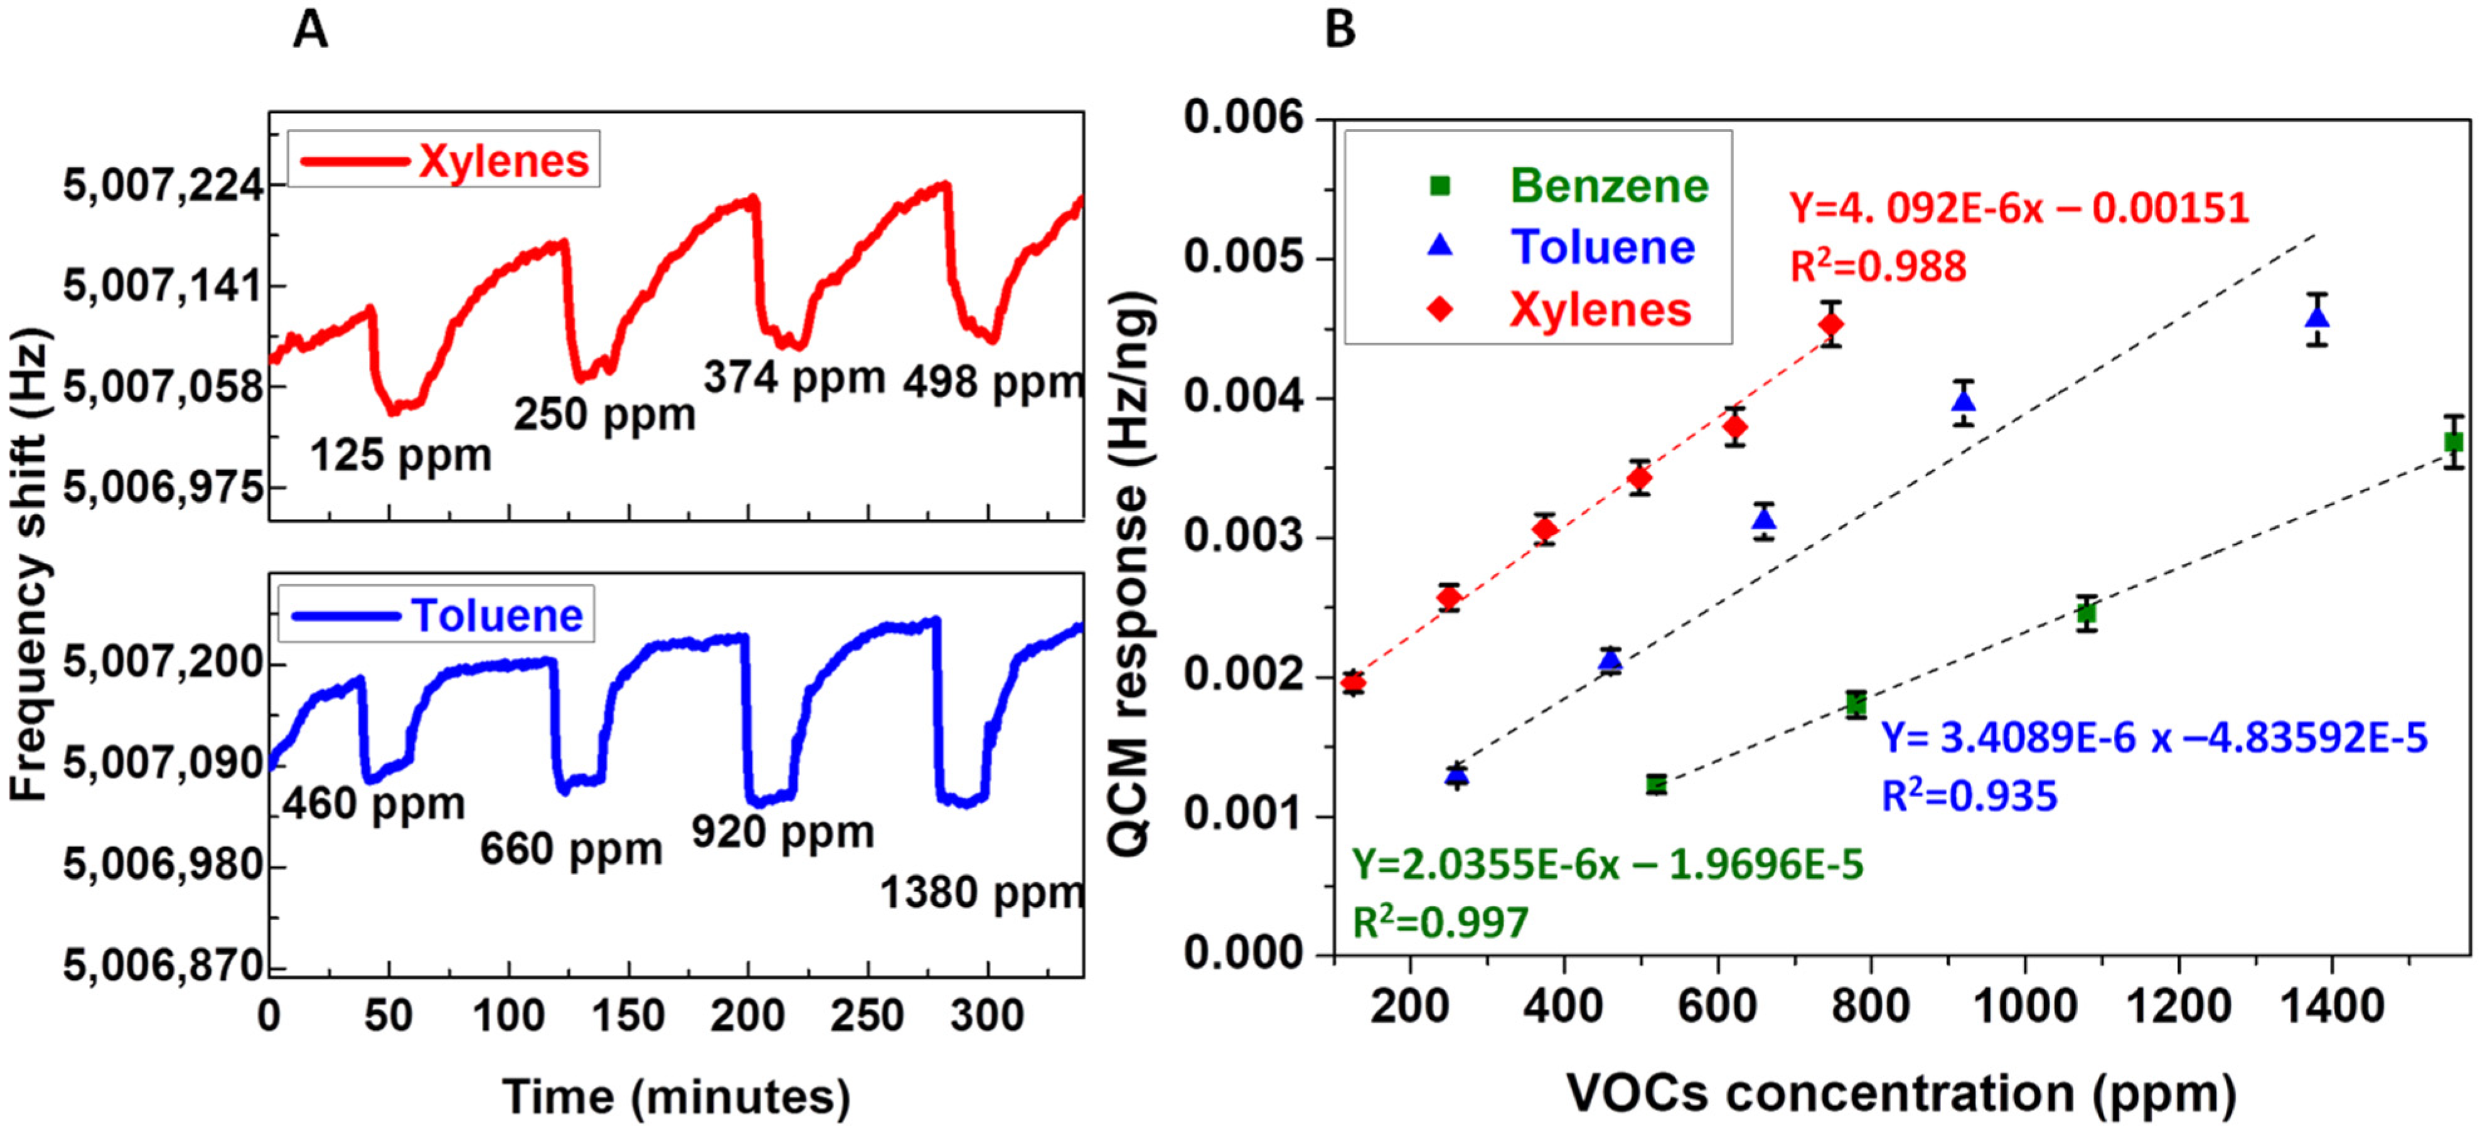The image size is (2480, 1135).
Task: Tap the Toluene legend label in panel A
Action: click(x=497, y=615)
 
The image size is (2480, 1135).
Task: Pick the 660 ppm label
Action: click(x=571, y=848)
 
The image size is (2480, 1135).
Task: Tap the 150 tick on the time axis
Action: click(x=628, y=1016)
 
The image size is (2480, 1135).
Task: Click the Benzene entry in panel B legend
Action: click(x=1608, y=185)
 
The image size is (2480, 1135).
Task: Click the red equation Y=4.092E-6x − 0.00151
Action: click(x=2018, y=207)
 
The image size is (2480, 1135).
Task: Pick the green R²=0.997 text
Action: click(x=1440, y=922)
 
